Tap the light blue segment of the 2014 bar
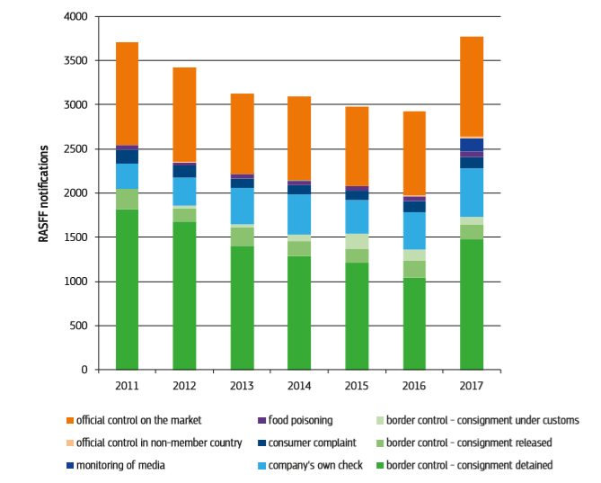[299, 214]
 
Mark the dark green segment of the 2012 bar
[184, 296]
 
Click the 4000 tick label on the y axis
[77, 17]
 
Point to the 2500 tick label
[77, 149]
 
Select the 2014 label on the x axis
[299, 386]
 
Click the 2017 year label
[472, 386]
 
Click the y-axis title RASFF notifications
[42, 192]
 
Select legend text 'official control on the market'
[138, 420]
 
